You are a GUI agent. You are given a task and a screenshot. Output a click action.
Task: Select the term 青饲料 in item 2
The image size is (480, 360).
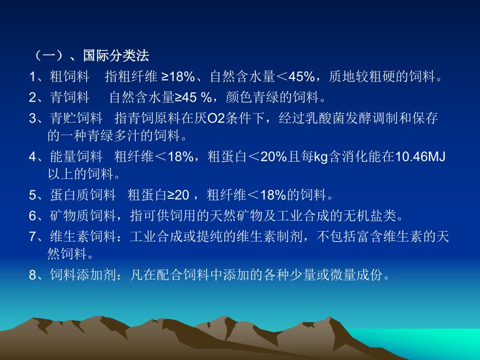(x=70, y=98)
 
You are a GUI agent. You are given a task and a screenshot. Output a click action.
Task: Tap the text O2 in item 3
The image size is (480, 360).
(x=216, y=118)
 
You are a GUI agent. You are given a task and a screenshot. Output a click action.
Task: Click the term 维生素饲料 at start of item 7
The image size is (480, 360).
(x=82, y=236)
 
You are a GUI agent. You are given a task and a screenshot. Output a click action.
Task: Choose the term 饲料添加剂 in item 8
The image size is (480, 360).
(x=82, y=275)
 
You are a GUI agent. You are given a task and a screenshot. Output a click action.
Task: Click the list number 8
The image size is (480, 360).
(x=32, y=275)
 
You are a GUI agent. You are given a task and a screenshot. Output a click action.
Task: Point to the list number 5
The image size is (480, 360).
(x=32, y=196)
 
